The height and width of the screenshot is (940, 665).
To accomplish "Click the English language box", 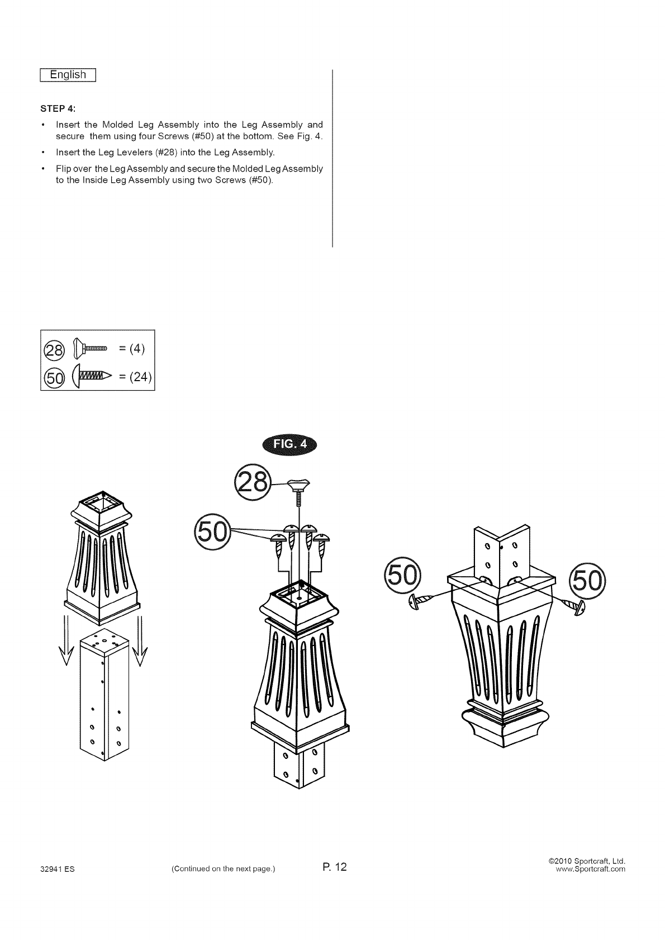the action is coord(68,75).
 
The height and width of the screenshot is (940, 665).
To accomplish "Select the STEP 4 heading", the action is coord(55,107).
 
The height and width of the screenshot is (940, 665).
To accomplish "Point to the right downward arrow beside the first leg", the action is coord(140,640).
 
